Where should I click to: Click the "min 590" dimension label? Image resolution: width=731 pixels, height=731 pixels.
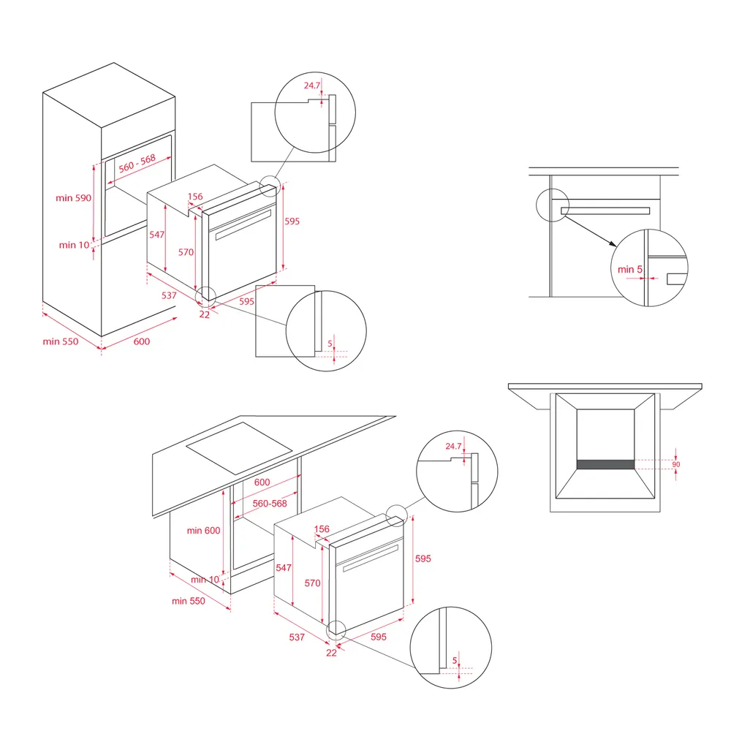click(x=74, y=197)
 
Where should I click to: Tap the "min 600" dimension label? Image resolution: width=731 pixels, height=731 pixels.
click(x=203, y=531)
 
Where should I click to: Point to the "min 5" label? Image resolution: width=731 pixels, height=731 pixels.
click(x=630, y=270)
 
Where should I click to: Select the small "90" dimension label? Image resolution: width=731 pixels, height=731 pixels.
click(x=676, y=464)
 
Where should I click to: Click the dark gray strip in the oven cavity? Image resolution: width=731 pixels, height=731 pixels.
click(x=605, y=464)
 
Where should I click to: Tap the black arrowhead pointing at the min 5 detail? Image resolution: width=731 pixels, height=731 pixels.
click(x=613, y=243)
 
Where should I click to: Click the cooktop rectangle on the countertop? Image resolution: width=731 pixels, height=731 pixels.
click(x=239, y=448)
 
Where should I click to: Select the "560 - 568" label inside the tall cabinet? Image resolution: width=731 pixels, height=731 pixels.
click(x=137, y=163)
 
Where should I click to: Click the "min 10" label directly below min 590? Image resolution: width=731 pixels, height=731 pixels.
click(x=74, y=245)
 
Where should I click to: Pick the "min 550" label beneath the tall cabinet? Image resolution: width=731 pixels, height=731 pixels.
click(x=61, y=341)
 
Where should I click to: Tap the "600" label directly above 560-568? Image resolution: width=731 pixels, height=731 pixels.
click(x=262, y=482)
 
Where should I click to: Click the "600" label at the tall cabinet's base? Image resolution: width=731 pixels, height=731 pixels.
click(x=142, y=341)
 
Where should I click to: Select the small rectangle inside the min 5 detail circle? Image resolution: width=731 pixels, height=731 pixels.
click(x=676, y=279)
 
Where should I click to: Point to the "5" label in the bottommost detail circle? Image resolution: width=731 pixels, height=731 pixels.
click(x=455, y=661)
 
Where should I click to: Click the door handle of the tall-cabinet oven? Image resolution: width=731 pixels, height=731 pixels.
click(x=243, y=224)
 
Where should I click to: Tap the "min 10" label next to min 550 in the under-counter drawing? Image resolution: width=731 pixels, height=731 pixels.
click(x=205, y=580)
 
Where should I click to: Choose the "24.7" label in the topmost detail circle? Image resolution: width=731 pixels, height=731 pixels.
click(x=312, y=86)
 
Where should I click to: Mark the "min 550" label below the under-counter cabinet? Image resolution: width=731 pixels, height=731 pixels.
click(x=189, y=601)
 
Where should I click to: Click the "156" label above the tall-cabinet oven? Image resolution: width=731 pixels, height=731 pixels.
click(x=195, y=196)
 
